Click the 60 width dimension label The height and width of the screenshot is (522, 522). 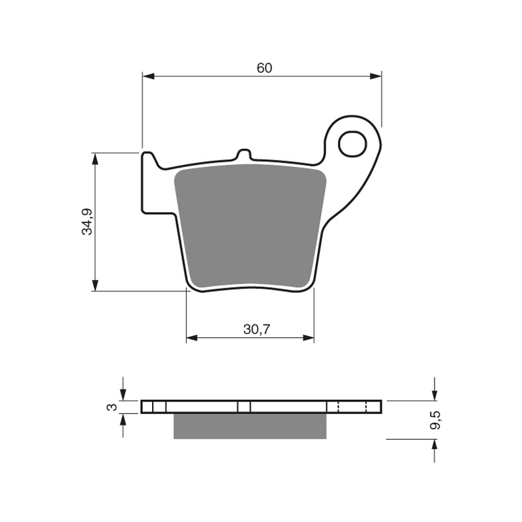(264, 68)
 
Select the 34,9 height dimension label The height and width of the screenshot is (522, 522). (87, 222)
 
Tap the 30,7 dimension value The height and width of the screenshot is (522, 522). (256, 330)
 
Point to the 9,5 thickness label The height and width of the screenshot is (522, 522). (435, 420)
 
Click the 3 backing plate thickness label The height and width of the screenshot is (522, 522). (112, 407)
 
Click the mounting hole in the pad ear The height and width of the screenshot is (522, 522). (352, 144)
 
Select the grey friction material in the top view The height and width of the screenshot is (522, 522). (250, 226)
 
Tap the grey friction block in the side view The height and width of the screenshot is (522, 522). (250, 426)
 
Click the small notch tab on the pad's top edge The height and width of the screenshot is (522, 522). (244, 155)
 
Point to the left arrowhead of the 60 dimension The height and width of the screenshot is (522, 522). (149, 76)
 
